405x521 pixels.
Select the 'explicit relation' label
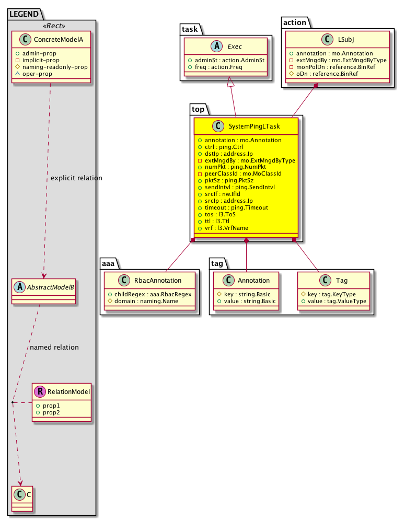tap(76, 178)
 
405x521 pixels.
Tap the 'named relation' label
tap(54, 347)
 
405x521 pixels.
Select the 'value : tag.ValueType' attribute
tap(338, 302)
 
